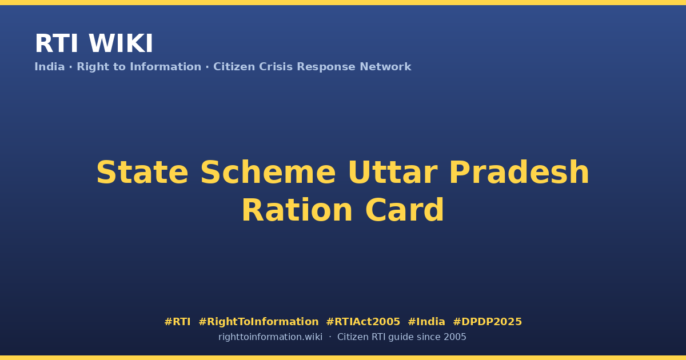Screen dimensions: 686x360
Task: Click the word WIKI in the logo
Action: (x=121, y=43)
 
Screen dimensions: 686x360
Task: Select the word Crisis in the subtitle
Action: (x=276, y=67)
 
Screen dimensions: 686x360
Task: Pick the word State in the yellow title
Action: (x=142, y=173)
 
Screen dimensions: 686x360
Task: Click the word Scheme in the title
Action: (x=268, y=173)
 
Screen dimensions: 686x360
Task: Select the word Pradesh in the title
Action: (x=520, y=173)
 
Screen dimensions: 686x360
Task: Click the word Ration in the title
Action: (x=297, y=210)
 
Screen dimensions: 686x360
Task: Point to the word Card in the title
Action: (x=405, y=210)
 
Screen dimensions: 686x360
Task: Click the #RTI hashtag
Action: (x=177, y=322)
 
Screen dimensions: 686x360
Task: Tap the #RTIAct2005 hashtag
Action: (x=363, y=322)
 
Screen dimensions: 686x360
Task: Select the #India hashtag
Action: (x=426, y=322)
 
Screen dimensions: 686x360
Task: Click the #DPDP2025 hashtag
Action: (x=487, y=322)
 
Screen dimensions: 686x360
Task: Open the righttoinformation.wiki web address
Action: (x=270, y=337)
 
